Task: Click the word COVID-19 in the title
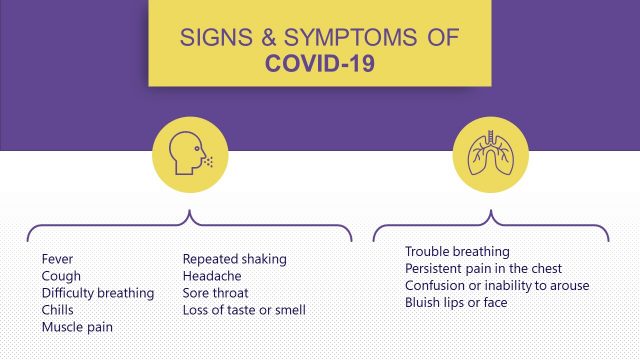coord(320,65)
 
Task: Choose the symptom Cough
coord(61,276)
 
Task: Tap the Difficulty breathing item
coord(98,293)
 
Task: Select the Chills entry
coord(59,310)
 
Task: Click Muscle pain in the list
coord(77,327)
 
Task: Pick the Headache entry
coord(211,276)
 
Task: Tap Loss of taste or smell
coord(244,310)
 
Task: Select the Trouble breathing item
coord(457,251)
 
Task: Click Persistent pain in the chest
coord(483,268)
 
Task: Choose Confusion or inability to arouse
coord(497,285)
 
